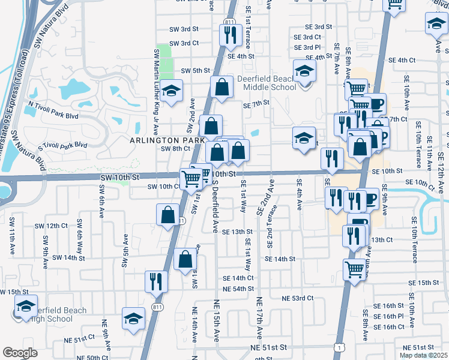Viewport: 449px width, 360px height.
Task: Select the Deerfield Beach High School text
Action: click(x=57, y=314)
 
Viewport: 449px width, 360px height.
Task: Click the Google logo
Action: click(x=20, y=353)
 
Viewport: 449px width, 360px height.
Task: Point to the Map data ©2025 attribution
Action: click(x=423, y=355)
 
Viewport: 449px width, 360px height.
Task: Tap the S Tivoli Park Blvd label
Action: click(x=62, y=145)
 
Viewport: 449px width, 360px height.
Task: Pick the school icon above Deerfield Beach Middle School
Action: click(x=304, y=71)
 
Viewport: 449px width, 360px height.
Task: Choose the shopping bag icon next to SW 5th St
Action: click(x=221, y=86)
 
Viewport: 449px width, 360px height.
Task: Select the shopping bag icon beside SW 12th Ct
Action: click(x=167, y=215)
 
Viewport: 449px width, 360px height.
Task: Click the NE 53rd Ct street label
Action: click(x=298, y=298)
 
